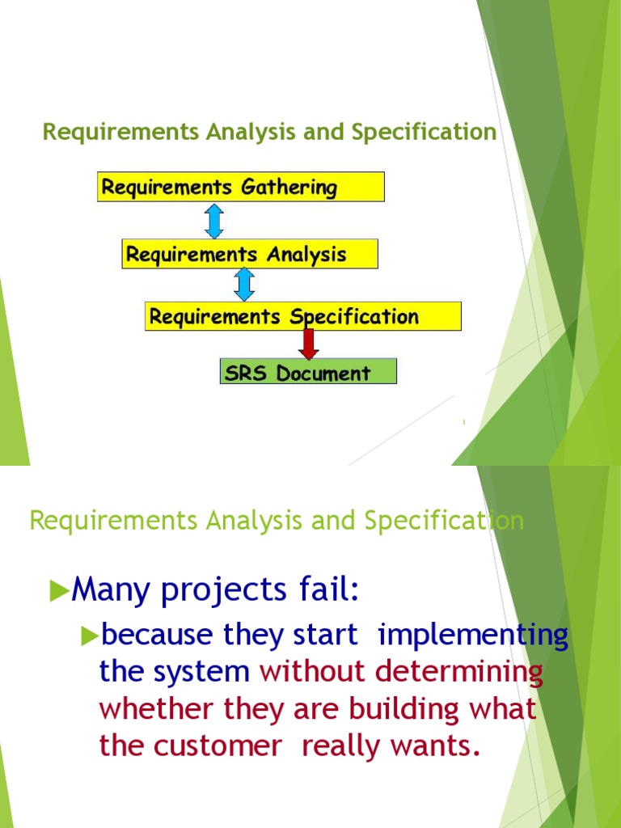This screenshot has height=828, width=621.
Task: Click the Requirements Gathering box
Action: pos(240,187)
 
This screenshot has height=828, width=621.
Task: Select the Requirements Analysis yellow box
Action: pos(249,254)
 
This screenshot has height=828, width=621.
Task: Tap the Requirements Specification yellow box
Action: pos(302,316)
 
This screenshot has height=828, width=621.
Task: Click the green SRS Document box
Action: pos(308,372)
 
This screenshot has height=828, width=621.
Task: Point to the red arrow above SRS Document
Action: pos(308,343)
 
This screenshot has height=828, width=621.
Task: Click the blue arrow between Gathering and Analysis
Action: pos(214,221)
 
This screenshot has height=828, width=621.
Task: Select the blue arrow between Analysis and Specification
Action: pos(244,285)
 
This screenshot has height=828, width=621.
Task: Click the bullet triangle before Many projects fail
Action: pos(60,592)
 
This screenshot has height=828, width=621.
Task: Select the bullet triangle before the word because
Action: pos(90,636)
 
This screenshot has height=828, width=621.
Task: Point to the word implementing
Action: pos(473,636)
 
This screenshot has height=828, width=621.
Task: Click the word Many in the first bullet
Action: pos(108,591)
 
